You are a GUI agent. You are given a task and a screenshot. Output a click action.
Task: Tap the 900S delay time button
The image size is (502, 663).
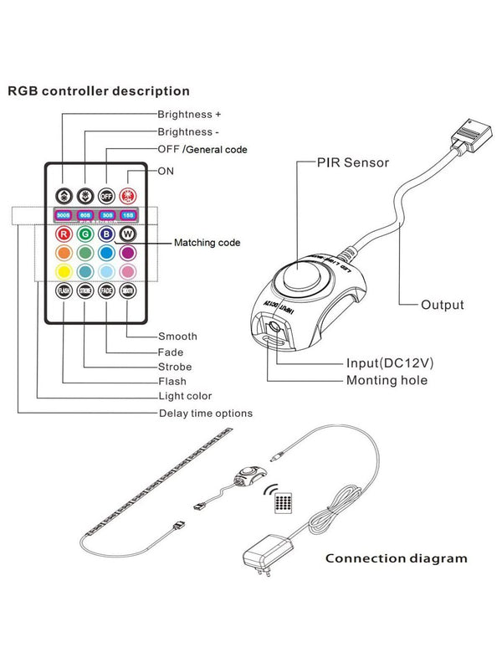[x=63, y=215]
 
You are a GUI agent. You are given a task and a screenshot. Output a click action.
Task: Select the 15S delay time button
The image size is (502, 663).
[x=128, y=215]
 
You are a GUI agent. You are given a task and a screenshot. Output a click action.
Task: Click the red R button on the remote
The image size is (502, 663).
[x=63, y=234]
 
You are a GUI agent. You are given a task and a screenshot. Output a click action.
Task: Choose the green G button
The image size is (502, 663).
[x=85, y=234]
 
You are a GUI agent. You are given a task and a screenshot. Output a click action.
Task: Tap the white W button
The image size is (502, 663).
[x=128, y=234]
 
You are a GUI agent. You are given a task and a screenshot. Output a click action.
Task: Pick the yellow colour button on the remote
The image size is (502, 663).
[x=63, y=271]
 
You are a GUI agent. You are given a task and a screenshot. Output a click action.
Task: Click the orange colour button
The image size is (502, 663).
[x=63, y=253]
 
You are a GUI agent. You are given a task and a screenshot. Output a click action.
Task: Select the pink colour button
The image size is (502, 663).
[x=128, y=271]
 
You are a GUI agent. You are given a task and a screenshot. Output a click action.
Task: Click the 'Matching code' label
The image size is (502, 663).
[x=207, y=243]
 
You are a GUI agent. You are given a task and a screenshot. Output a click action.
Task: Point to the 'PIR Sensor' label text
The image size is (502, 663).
[x=352, y=162]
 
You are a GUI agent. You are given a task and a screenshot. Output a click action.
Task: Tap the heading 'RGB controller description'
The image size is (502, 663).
[x=99, y=90]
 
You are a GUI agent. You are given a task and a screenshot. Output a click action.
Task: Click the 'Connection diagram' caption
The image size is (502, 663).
[x=396, y=558]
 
